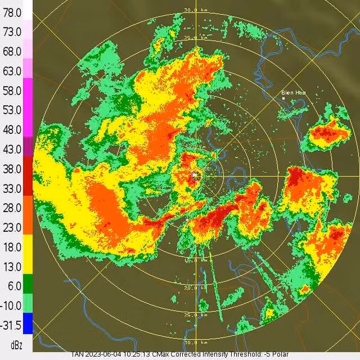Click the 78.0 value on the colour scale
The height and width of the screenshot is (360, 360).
click(12, 12)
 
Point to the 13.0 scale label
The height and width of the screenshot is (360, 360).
click(12, 266)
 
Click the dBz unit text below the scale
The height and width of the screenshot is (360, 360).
click(16, 344)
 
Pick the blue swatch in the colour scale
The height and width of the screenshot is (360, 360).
click(28, 323)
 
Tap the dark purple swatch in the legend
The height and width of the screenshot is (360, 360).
click(28, 146)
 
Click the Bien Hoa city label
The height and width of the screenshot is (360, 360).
click(294, 92)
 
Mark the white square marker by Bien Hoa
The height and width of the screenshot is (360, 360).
click(283, 98)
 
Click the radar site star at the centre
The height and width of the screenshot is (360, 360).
click(196, 175)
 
